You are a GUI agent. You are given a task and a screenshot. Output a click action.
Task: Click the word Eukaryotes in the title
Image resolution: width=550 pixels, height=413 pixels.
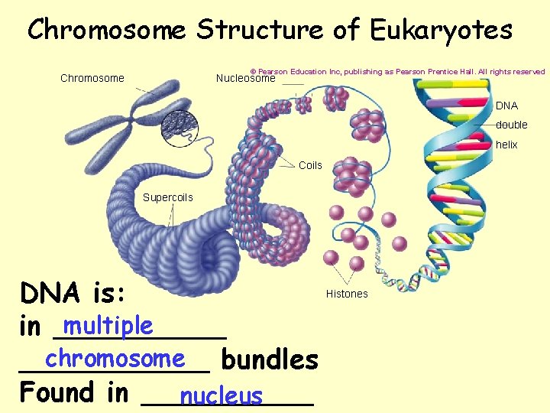441,31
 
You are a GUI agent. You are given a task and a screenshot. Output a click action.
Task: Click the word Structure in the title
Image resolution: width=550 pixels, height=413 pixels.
260,31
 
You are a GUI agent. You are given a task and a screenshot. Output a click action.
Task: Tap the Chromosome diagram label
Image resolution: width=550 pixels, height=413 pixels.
92,78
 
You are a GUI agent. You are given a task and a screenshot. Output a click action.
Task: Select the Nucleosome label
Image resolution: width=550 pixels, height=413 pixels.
245,78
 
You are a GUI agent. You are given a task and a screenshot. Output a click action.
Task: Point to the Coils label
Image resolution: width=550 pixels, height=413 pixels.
310,165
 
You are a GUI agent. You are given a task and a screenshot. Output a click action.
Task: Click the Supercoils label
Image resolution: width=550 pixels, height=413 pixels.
168,197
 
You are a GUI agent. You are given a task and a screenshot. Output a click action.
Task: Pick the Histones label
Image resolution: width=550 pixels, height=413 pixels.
347,294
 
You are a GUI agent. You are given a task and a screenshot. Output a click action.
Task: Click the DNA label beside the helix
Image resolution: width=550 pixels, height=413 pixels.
506,106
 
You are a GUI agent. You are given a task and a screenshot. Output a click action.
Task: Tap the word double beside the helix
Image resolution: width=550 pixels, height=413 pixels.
511,125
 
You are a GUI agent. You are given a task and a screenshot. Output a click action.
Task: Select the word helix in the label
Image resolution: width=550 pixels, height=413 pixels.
506,145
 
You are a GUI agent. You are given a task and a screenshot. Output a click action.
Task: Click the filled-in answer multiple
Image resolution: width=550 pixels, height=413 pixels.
108,327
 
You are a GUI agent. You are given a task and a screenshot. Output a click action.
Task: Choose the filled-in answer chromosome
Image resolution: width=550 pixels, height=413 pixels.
115,359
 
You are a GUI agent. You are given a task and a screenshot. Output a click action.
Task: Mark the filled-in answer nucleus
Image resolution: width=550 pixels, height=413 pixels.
221,396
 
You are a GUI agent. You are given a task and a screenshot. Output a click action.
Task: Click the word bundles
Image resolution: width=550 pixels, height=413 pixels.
269,359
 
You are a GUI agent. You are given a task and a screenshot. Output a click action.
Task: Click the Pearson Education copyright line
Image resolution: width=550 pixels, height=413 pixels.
397,72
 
